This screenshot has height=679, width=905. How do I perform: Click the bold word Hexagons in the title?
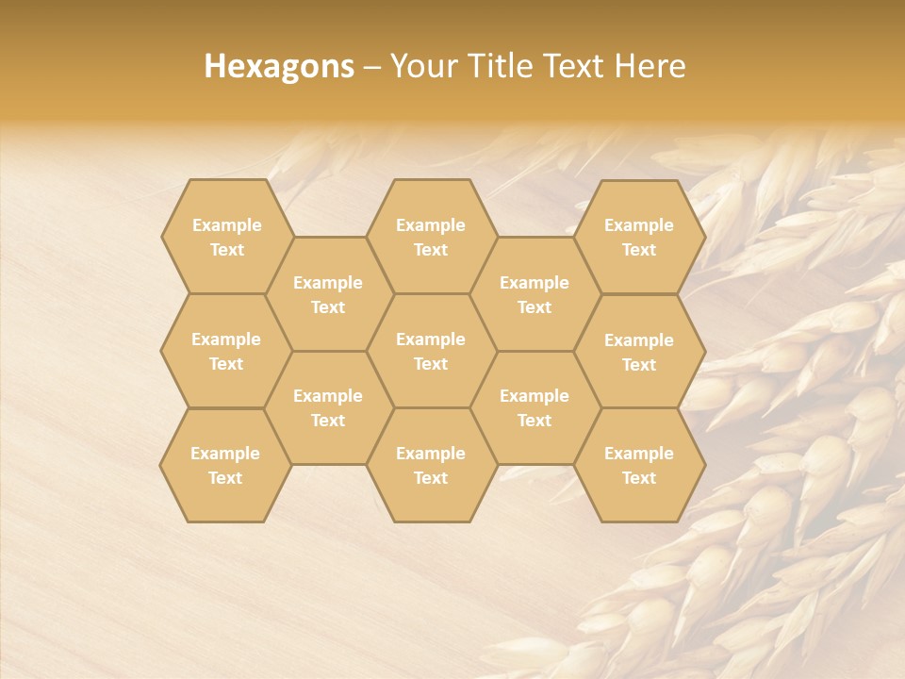click(x=279, y=66)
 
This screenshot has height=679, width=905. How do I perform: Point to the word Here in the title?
click(x=650, y=66)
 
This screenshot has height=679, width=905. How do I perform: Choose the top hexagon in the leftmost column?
click(x=226, y=237)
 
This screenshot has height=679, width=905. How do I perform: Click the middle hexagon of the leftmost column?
click(x=226, y=351)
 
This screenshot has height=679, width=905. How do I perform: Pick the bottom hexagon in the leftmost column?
click(x=225, y=465)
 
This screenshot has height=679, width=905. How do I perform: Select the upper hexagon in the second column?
click(x=328, y=294)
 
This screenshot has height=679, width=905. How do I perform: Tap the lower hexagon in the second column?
click(x=328, y=407)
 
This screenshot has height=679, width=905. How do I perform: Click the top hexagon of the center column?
click(x=431, y=237)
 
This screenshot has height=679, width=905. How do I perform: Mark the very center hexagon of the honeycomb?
click(x=431, y=351)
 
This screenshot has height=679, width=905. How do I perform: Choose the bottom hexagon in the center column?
click(x=431, y=465)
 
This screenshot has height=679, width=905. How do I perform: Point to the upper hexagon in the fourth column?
click(x=535, y=294)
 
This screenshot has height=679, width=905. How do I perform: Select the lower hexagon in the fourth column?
click(x=535, y=407)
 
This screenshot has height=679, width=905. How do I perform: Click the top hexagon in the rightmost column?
click(x=639, y=237)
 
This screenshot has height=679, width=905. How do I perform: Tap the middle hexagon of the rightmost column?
click(x=639, y=352)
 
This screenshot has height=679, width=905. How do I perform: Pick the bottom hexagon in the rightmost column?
click(x=639, y=465)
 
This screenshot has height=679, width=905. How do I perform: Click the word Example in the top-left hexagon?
click(x=226, y=225)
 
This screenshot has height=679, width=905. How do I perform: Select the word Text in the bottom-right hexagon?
click(x=639, y=478)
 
